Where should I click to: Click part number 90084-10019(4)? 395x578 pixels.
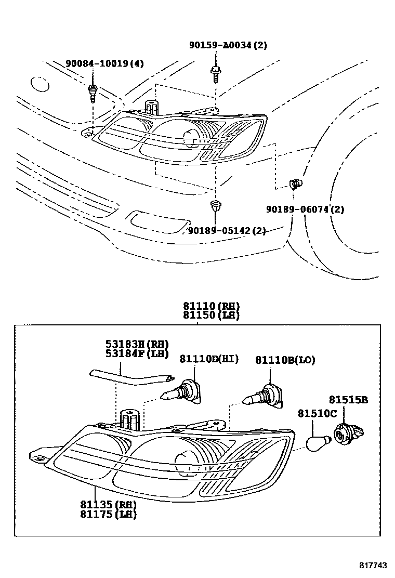(104, 64)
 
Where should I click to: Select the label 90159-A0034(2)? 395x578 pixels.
(228, 45)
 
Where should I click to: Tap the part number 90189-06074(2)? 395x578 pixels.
(305, 209)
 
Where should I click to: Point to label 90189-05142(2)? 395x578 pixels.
(227, 231)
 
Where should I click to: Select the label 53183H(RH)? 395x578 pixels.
(137, 344)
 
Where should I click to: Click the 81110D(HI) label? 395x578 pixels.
(209, 359)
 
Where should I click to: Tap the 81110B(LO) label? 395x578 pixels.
(285, 360)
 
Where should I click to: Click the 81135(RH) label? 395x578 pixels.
(108, 505)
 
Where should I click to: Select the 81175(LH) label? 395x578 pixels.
(108, 514)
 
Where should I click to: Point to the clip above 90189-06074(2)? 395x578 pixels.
(295, 183)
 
